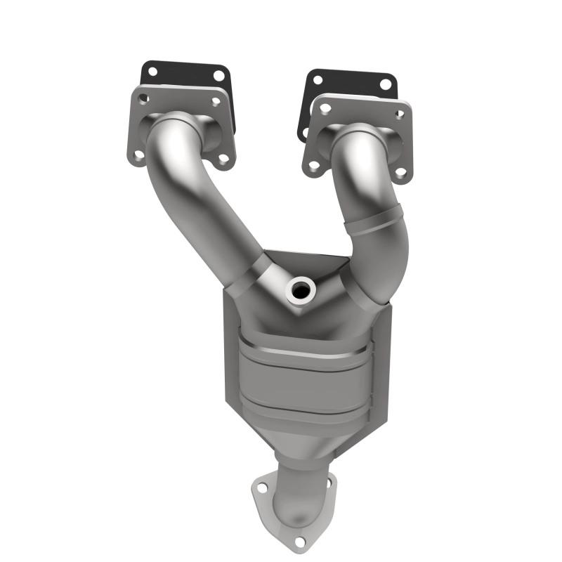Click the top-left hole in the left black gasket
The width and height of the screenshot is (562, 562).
coord(152,71)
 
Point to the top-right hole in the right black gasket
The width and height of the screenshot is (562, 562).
coord(385,84)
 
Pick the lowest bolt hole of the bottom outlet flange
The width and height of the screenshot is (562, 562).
coord(299,542)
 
